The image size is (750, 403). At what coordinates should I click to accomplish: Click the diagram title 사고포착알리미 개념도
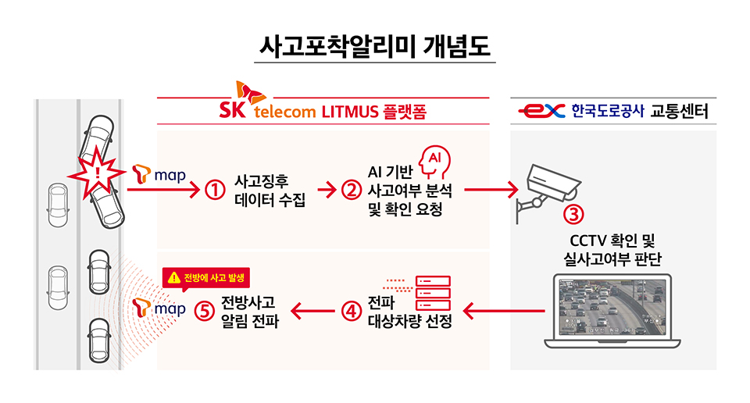(375, 46)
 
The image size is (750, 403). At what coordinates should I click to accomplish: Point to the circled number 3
(574, 211)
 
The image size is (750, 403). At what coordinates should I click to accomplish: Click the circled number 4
(351, 310)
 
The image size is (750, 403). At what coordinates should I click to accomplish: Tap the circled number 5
(205, 310)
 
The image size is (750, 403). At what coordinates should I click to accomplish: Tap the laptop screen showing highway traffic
(612, 309)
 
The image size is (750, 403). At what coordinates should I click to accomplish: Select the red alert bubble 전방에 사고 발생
(207, 276)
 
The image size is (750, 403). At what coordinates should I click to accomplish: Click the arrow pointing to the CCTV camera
(491, 190)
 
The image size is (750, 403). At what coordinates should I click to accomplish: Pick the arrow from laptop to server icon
(504, 311)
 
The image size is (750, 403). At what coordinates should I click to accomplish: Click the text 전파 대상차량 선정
(409, 312)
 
